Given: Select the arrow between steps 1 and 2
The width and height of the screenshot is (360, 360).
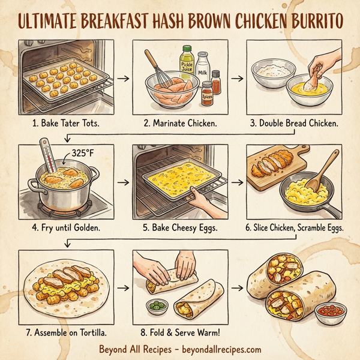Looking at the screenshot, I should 123,78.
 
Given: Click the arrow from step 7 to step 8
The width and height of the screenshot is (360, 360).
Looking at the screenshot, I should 123,288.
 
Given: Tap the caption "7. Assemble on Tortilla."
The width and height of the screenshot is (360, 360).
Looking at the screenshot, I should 64,332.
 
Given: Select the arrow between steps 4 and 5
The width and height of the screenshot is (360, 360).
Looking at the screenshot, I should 123,180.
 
